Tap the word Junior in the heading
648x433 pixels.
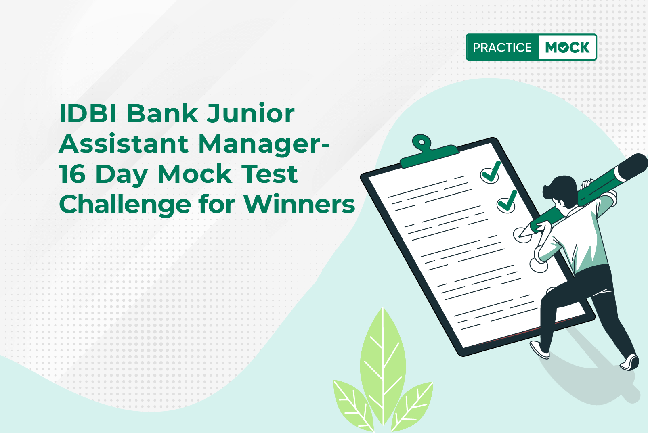coord(251,113)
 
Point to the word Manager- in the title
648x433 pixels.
coord(264,145)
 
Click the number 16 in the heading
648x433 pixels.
coord(72,174)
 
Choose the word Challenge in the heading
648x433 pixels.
coord(125,205)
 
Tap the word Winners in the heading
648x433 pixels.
coord(300,205)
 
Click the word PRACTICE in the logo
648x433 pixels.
coord(502,47)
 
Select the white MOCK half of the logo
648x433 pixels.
coord(568,47)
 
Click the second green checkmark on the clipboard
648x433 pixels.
coord(507,202)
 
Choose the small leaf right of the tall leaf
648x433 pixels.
coord(412,406)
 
